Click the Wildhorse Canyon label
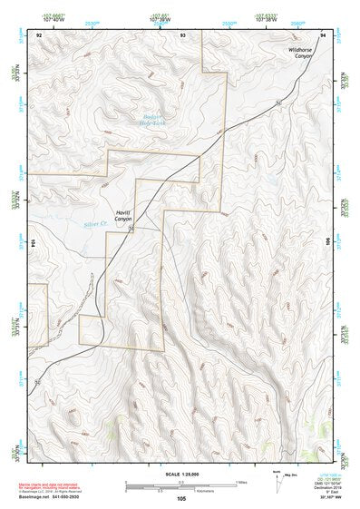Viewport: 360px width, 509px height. pos(299,53)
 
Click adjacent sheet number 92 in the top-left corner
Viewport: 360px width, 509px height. pos(39,34)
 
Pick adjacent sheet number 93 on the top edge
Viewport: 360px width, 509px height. pos(183,34)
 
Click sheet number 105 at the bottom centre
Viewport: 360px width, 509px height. pos(181,499)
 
